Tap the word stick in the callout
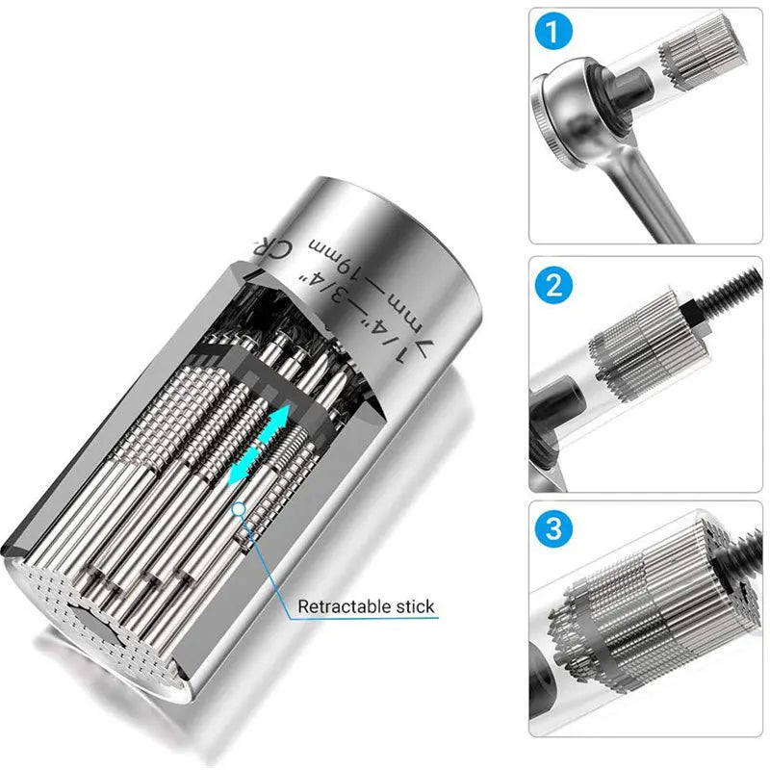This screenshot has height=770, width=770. [x=413, y=607]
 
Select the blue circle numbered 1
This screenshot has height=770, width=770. [x=552, y=33]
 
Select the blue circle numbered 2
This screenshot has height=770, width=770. [x=552, y=285]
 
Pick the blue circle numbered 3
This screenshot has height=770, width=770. [x=552, y=528]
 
